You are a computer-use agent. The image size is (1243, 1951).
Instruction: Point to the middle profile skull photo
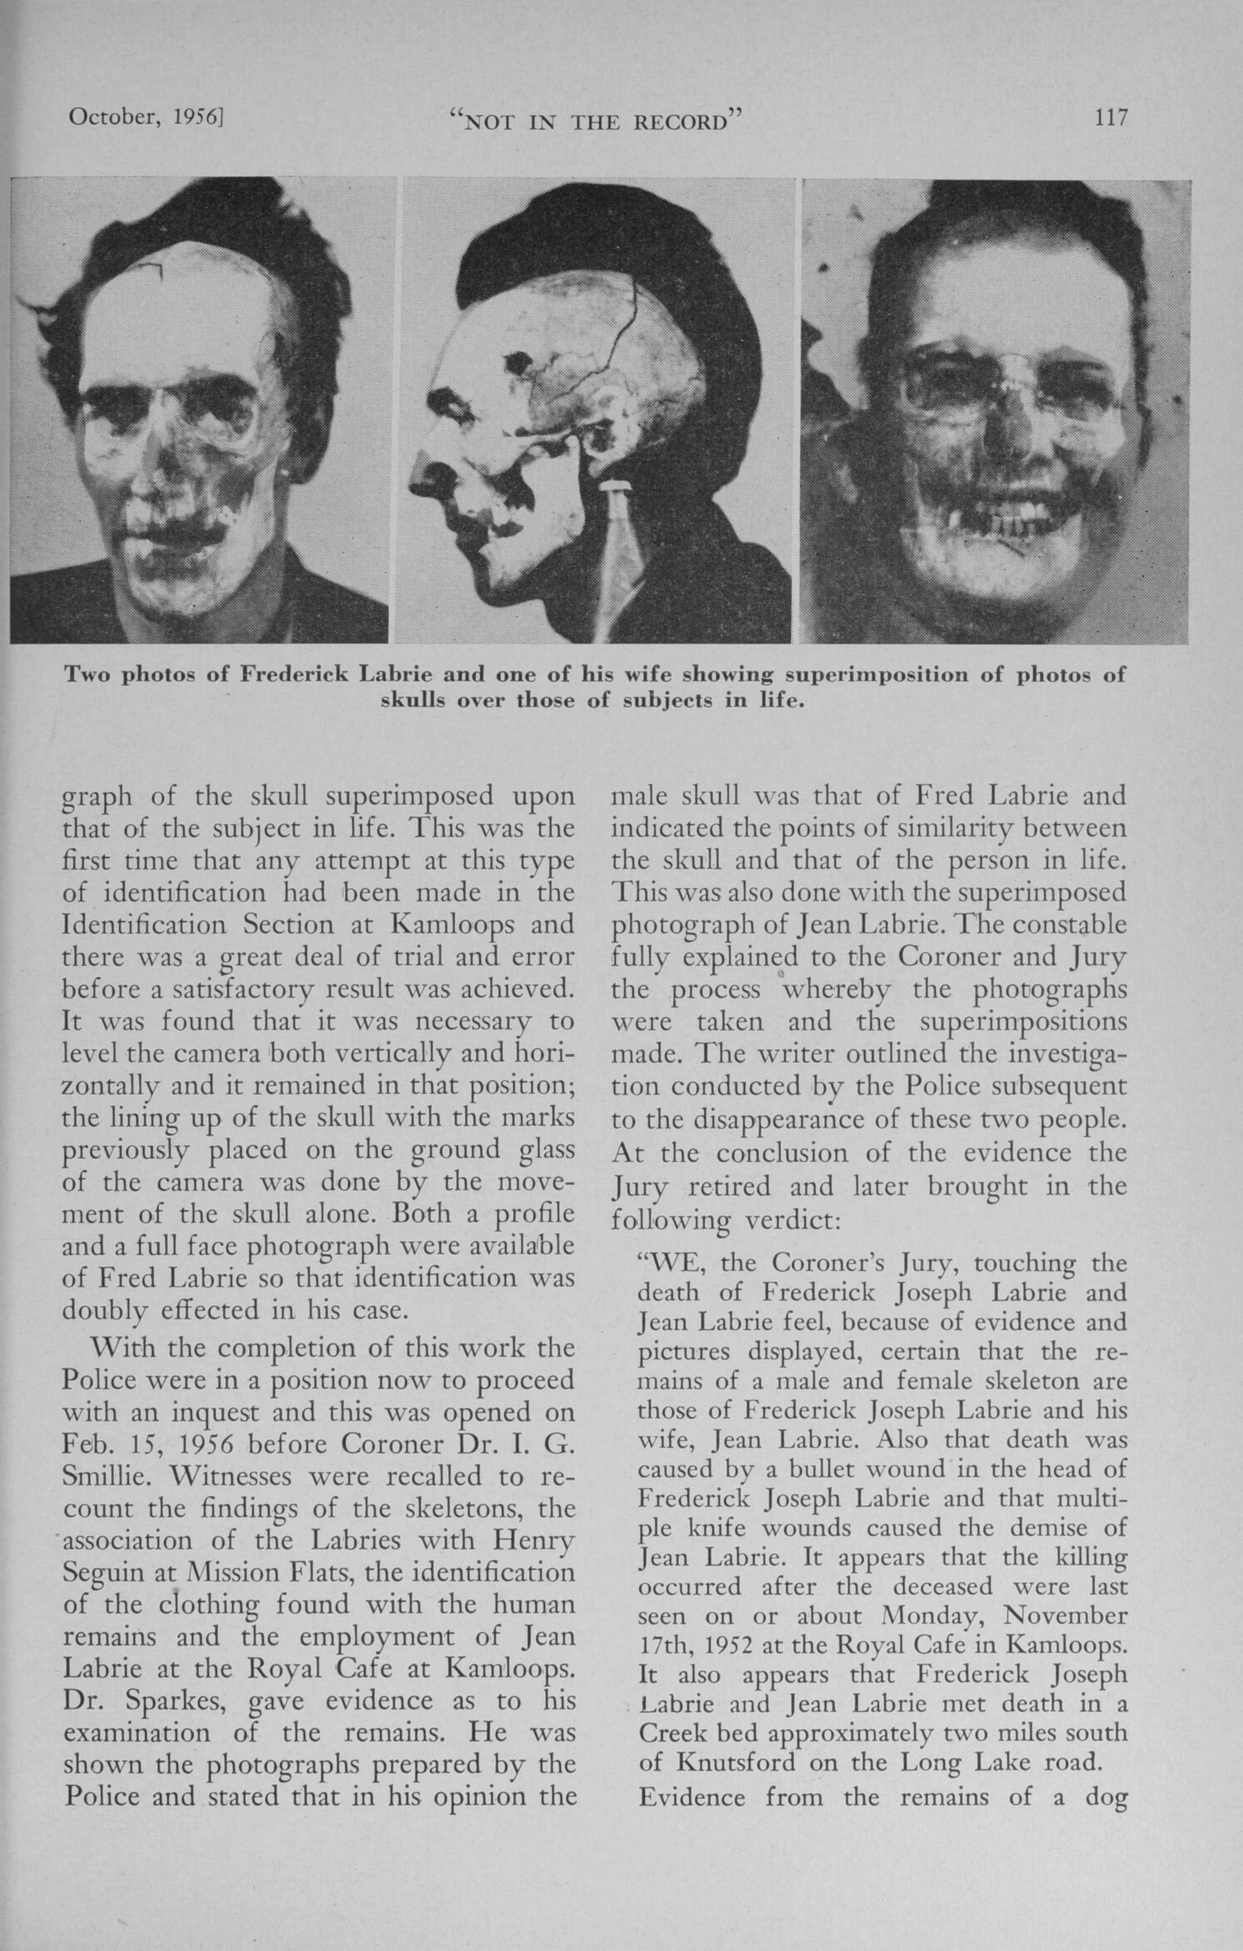point(597,411)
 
